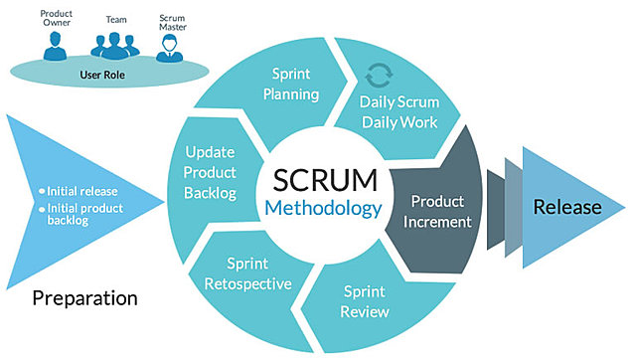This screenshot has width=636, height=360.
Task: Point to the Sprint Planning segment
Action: pos(294,84)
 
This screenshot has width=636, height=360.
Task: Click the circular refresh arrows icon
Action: pos(378,76)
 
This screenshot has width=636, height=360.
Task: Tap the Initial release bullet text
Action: pos(79,190)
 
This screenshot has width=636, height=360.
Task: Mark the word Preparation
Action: pos(84,296)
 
